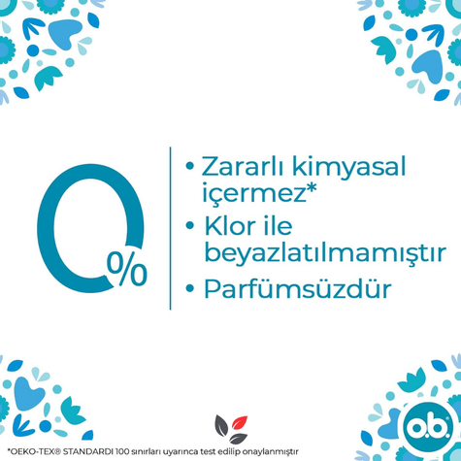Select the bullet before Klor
click(189, 229)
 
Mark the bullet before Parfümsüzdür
click(189, 291)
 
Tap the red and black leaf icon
click(230, 425)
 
